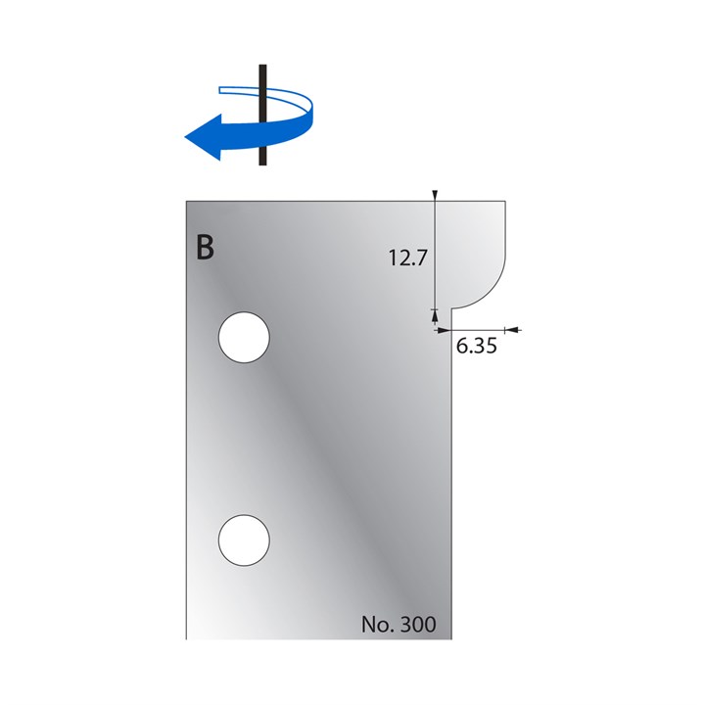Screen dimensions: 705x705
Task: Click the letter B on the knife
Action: pos(204,248)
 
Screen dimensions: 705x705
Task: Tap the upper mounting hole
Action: pos(243,338)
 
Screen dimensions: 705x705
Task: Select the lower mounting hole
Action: pos(243,540)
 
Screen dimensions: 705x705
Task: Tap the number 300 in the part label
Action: pos(418,624)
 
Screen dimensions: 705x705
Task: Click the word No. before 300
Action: pos(377,624)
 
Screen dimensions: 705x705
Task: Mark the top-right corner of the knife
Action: pos(504,202)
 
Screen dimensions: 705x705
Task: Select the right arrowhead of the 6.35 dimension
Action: pos(511,330)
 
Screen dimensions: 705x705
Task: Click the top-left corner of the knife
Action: pos(187,202)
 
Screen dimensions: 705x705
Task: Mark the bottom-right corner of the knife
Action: pos(450,638)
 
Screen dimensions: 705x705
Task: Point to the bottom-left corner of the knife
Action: pos(187,638)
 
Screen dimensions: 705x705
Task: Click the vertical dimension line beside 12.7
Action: pos(434,255)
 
